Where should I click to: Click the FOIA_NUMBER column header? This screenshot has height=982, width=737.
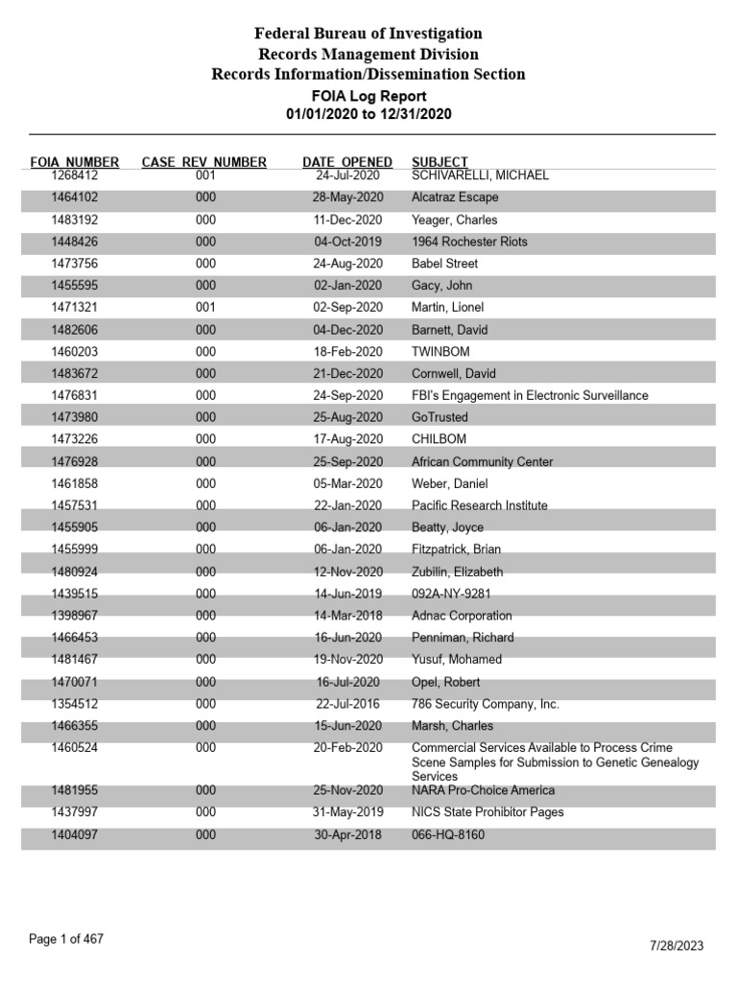tap(75, 162)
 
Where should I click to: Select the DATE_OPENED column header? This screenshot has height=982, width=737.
tap(347, 162)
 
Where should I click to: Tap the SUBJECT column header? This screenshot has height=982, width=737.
tap(440, 162)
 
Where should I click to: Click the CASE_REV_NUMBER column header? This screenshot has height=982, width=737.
tap(204, 162)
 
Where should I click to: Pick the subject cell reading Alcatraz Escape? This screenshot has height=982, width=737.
tap(455, 198)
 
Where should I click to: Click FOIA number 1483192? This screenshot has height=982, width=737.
tap(75, 220)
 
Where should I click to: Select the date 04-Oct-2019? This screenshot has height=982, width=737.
tap(347, 242)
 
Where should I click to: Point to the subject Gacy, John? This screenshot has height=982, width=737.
tap(441, 286)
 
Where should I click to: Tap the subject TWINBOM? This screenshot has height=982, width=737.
tap(440, 352)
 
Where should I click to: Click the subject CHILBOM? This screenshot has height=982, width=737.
tap(440, 439)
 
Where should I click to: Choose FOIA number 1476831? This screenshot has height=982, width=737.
tap(75, 395)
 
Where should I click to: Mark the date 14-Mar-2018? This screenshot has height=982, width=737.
tap(347, 616)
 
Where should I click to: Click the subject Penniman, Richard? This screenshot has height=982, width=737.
tap(463, 638)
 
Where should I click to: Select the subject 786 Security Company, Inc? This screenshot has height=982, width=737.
tap(486, 704)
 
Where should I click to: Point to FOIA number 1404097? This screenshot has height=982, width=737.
tap(75, 835)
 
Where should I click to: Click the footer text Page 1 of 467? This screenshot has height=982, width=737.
tap(66, 940)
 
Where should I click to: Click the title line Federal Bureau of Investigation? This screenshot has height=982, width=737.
tap(368, 35)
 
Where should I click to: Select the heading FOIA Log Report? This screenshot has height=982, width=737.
tap(368, 96)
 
